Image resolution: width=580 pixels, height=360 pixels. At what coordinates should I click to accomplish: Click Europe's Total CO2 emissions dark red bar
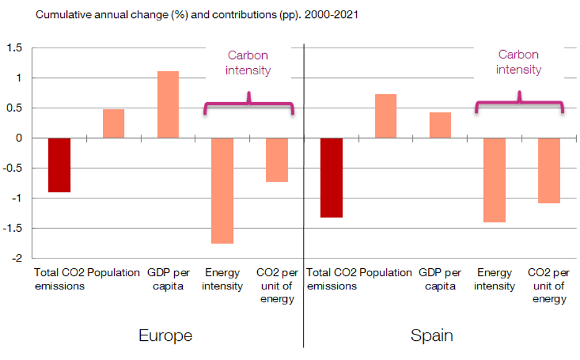point(59,165)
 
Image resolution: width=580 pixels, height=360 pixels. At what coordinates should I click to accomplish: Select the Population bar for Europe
point(113,123)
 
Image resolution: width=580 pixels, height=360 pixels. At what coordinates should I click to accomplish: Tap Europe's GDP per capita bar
point(168,105)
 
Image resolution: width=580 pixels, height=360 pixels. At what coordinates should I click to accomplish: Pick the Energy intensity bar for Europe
point(222,190)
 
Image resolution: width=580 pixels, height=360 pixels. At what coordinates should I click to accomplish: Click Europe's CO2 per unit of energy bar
point(277,159)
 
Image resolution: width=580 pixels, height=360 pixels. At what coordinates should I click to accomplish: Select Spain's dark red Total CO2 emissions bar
point(332,177)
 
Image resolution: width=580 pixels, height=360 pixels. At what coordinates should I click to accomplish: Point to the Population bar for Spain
point(385,116)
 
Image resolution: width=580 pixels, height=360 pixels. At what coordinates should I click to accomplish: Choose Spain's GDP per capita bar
point(440,125)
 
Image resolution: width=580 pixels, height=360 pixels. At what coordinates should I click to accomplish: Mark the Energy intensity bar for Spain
point(494,180)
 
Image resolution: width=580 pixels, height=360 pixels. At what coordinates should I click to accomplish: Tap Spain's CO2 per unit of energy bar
point(549,170)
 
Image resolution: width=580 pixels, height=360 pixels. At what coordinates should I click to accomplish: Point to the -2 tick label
point(17,258)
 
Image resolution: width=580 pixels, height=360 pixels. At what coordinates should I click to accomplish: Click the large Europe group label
point(165,336)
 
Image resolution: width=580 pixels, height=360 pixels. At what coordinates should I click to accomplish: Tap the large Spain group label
point(431,336)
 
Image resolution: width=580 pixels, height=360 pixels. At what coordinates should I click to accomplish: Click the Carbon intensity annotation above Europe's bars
point(248,63)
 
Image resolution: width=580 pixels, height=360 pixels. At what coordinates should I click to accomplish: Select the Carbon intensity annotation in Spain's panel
point(519,62)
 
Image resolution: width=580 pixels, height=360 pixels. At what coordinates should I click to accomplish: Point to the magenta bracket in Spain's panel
point(519,103)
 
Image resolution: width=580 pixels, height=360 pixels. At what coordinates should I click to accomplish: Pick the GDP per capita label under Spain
point(440,279)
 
